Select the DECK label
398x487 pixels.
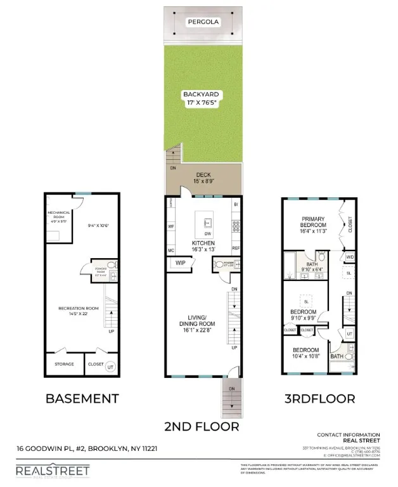click(x=203, y=174)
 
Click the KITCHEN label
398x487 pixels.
click(x=203, y=243)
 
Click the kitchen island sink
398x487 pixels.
click(x=207, y=222)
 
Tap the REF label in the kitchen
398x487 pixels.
click(x=236, y=248)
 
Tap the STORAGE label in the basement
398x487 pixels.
click(x=64, y=364)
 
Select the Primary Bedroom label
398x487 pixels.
click(x=313, y=224)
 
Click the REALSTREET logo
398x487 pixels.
click(x=53, y=470)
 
